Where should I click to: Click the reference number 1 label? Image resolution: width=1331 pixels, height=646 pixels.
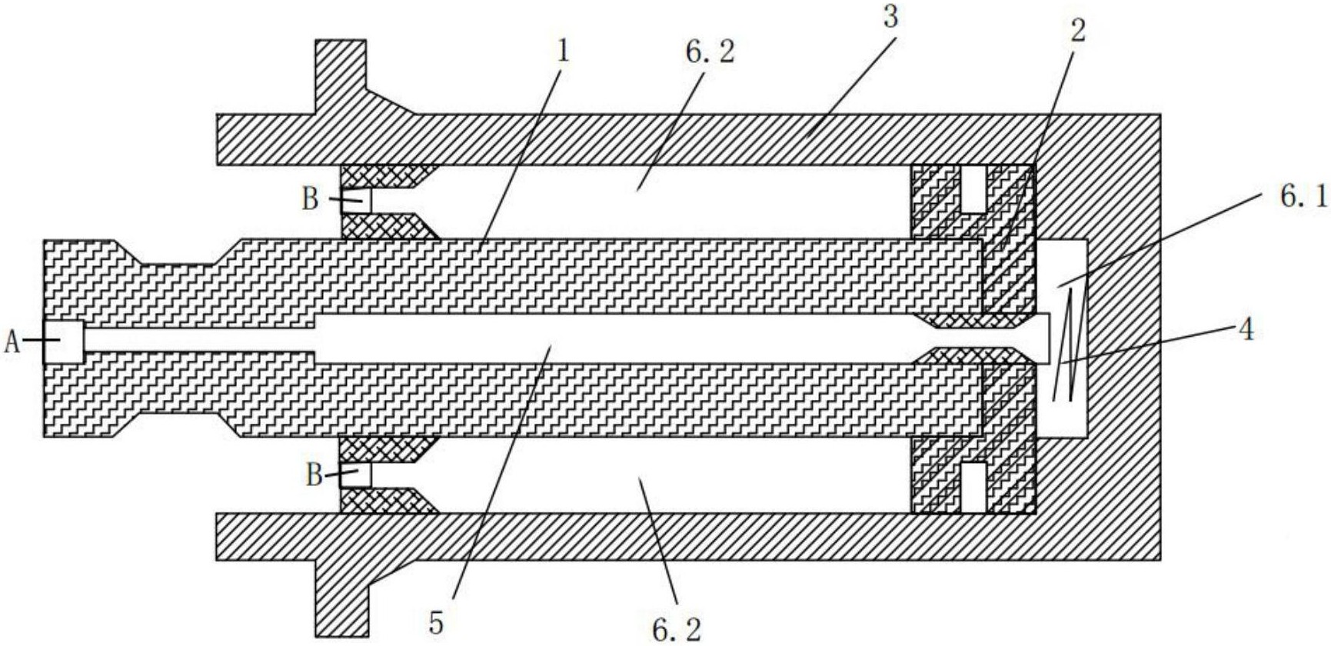point(564,52)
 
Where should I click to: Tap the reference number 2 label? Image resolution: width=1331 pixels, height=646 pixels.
point(1078,31)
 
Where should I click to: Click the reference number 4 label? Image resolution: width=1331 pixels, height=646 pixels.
point(1246,329)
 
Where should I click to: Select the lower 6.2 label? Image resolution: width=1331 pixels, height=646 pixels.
point(677,629)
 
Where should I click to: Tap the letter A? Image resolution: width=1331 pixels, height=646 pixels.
point(12,341)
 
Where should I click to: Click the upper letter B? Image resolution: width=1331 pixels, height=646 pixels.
point(310,198)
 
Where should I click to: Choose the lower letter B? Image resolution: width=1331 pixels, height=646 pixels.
point(314,475)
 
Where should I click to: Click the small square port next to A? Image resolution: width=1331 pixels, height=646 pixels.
point(63,341)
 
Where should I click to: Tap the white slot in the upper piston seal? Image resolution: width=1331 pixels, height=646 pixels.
point(973,188)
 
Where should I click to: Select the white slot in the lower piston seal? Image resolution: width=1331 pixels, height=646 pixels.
point(973,488)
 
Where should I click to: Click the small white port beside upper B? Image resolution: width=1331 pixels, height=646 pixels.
point(357,201)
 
